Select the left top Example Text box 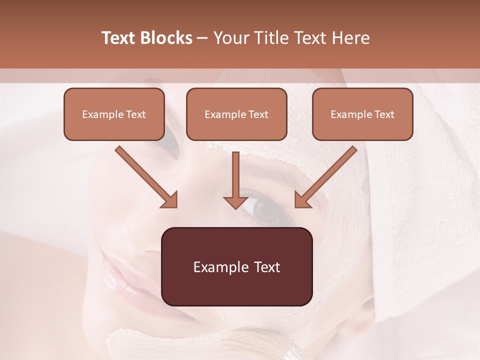pyautogui.click(x=114, y=114)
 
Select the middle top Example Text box pyautogui.click(x=236, y=114)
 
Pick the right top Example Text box pyautogui.click(x=362, y=114)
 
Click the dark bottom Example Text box pyautogui.click(x=236, y=266)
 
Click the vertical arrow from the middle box pyautogui.click(x=236, y=180)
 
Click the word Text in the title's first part pyautogui.click(x=118, y=38)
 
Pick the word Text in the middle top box pyautogui.click(x=258, y=114)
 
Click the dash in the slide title pyautogui.click(x=202, y=38)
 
